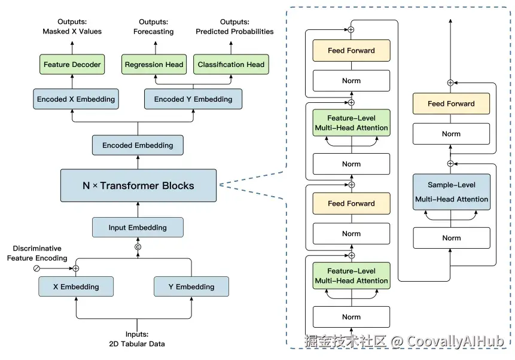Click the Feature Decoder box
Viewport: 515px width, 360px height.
pos(72,65)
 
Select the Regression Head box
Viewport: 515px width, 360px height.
pos(155,65)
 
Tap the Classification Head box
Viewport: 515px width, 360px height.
pos(230,65)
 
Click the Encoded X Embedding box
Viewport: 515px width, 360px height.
pos(75,99)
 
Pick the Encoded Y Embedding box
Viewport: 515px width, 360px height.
pos(193,99)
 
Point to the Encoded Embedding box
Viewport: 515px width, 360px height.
pos(138,145)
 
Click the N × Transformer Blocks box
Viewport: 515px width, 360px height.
pos(138,185)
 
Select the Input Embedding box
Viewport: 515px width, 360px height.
pos(138,227)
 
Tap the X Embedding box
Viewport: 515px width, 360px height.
pos(75,286)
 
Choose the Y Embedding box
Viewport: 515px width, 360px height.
pos(191,286)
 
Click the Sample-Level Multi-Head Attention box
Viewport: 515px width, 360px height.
pos(451,192)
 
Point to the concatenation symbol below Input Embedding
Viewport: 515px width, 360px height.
pos(138,246)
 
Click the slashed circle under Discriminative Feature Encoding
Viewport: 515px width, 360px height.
pos(36,269)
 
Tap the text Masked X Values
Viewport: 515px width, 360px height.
pos(72,31)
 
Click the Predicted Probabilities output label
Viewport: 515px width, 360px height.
pos(234,31)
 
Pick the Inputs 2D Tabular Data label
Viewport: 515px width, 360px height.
pos(137,339)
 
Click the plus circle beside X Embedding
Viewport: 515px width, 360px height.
pos(76,269)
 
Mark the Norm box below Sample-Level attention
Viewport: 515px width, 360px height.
pos(451,238)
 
